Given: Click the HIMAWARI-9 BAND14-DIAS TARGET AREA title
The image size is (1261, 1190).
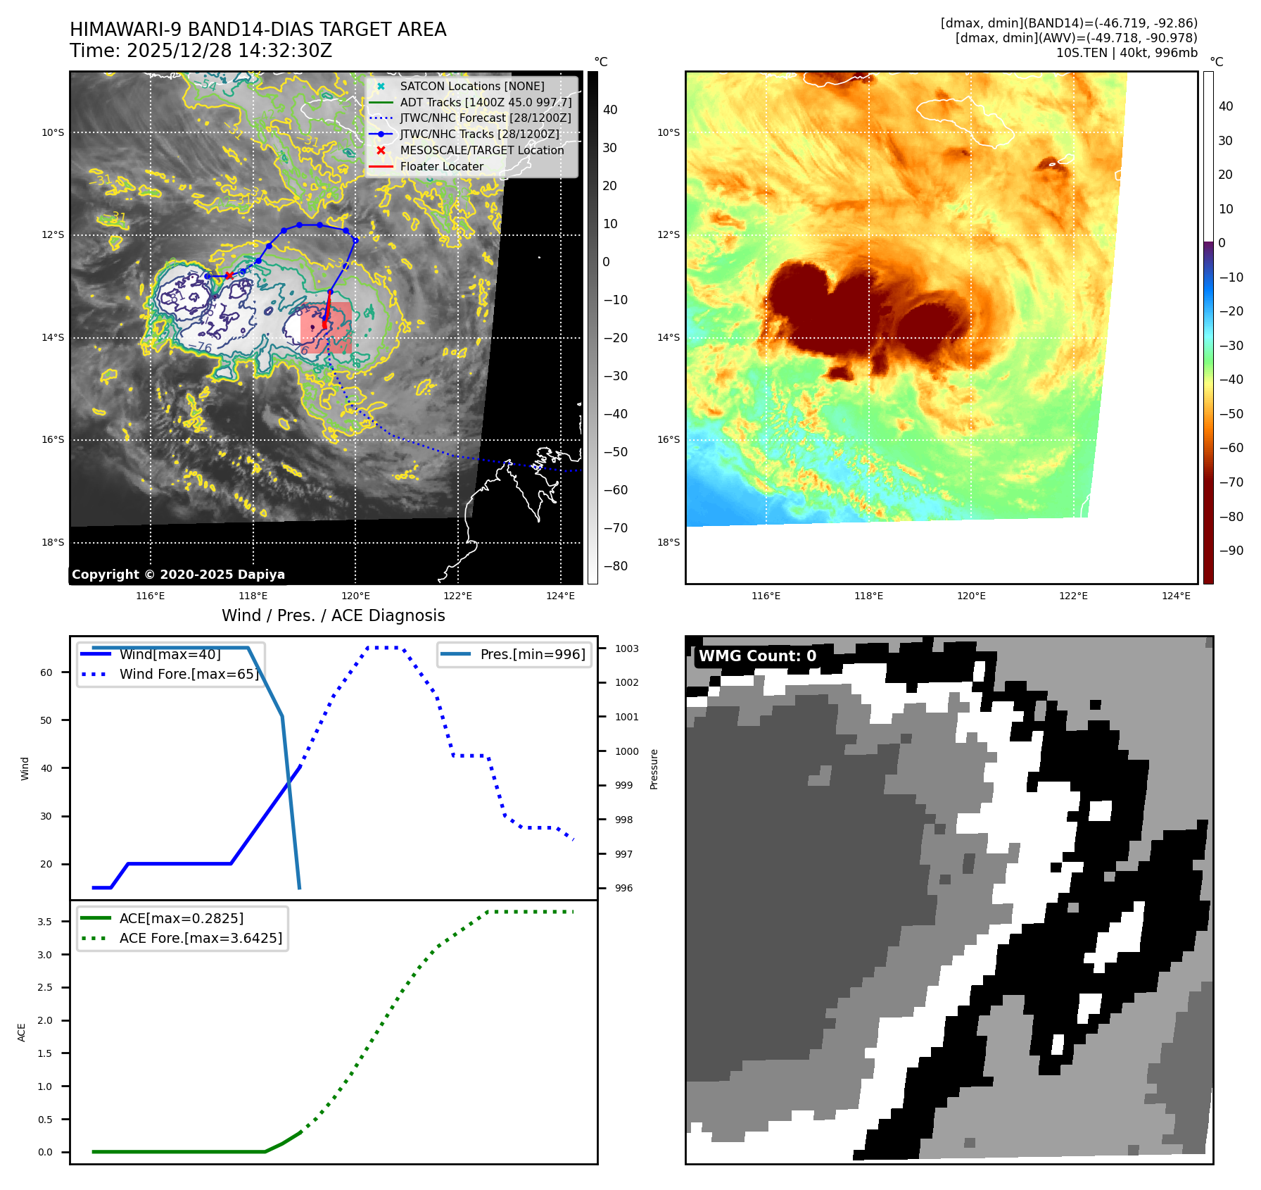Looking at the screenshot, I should [258, 30].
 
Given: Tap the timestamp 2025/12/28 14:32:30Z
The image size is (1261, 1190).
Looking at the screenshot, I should [229, 51].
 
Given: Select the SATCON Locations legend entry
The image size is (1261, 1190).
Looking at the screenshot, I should [471, 86].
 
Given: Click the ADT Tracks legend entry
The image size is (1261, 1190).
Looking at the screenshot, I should [486, 102].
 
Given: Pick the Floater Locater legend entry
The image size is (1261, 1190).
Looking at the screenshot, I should [441, 167].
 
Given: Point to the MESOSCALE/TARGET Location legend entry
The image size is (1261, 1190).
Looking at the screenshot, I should [481, 151].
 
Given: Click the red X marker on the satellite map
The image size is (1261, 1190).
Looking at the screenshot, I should [229, 275].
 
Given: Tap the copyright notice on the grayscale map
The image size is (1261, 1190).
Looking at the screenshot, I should [178, 575].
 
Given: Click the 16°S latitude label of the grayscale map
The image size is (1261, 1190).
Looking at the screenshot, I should [53, 440].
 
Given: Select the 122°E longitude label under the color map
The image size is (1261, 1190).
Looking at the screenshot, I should [1073, 596].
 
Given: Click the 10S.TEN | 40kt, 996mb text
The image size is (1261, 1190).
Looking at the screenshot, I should [1126, 53].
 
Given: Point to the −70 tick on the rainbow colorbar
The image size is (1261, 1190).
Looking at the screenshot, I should [1231, 482].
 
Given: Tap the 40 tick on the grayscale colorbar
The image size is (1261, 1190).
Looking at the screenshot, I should [610, 110].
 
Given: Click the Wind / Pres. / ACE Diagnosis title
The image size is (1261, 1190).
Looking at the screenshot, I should [333, 615].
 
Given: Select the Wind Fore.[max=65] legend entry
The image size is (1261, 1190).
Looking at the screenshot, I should [189, 674].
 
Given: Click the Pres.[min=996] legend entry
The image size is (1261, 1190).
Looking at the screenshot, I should [532, 654].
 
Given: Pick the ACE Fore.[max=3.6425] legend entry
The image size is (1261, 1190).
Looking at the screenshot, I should [201, 938].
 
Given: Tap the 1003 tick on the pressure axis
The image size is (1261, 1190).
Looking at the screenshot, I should [626, 649].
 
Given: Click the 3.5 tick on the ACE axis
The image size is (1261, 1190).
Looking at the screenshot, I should [44, 922].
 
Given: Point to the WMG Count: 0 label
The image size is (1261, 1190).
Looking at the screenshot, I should [757, 656].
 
